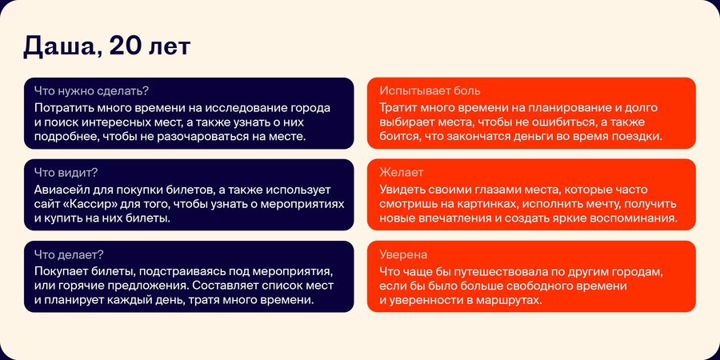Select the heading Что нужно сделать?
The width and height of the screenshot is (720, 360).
pos(91,91)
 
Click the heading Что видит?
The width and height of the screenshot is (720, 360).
pos(66,173)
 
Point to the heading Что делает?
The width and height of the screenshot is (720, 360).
pos(69,254)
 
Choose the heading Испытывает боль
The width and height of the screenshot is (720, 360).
pos(430,91)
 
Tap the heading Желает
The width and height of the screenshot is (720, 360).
pos(402,173)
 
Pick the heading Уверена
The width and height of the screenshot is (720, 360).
pos(403,254)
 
